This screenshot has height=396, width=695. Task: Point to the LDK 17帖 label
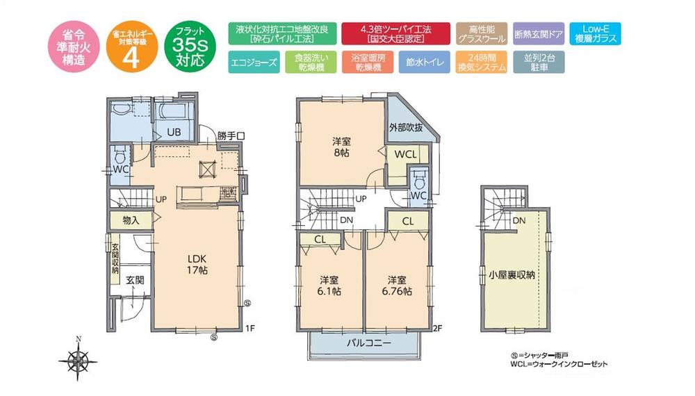coord(197,263)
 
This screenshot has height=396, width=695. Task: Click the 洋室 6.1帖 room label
coord(330,285)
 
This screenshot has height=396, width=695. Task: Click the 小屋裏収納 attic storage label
coord(512,274)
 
